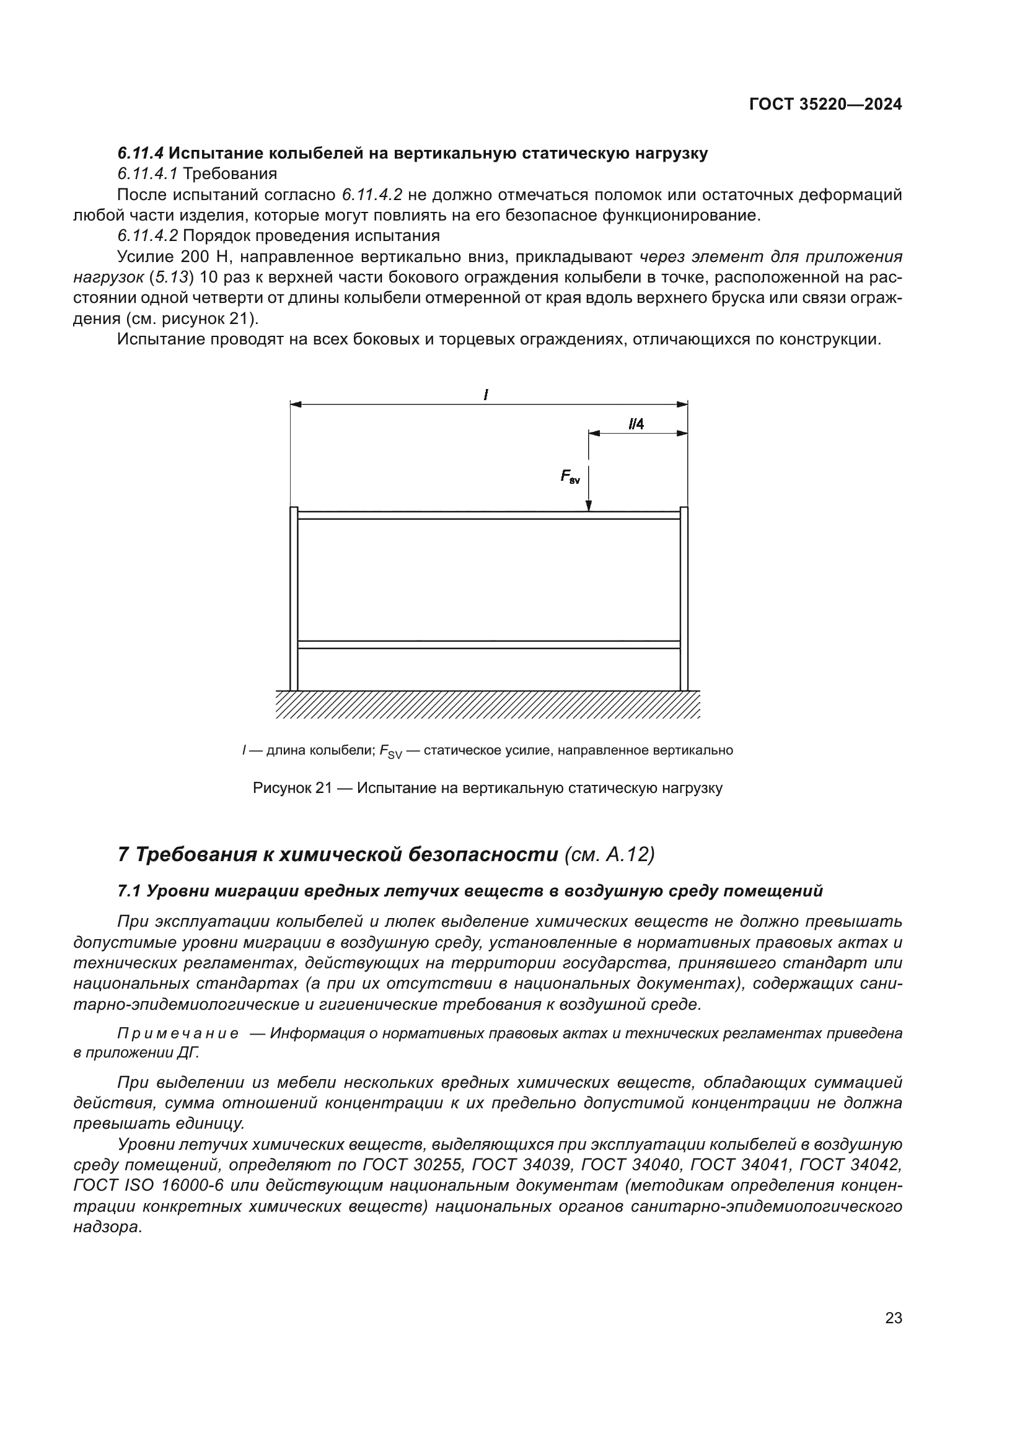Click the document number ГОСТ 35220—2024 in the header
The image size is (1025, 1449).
[825, 105]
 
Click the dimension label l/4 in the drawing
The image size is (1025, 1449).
[636, 424]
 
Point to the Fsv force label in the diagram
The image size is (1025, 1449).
[570, 476]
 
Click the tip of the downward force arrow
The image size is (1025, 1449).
[588, 509]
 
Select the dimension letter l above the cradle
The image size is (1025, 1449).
[485, 395]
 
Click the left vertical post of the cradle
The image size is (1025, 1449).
[294, 600]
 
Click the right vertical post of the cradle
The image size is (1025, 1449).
[684, 600]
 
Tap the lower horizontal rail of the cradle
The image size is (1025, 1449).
[488, 644]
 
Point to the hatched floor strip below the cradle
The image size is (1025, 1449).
[487, 704]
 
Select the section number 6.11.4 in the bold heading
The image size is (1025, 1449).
[140, 154]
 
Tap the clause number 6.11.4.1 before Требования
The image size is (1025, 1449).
[147, 173]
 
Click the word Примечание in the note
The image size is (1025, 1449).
[178, 1033]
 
